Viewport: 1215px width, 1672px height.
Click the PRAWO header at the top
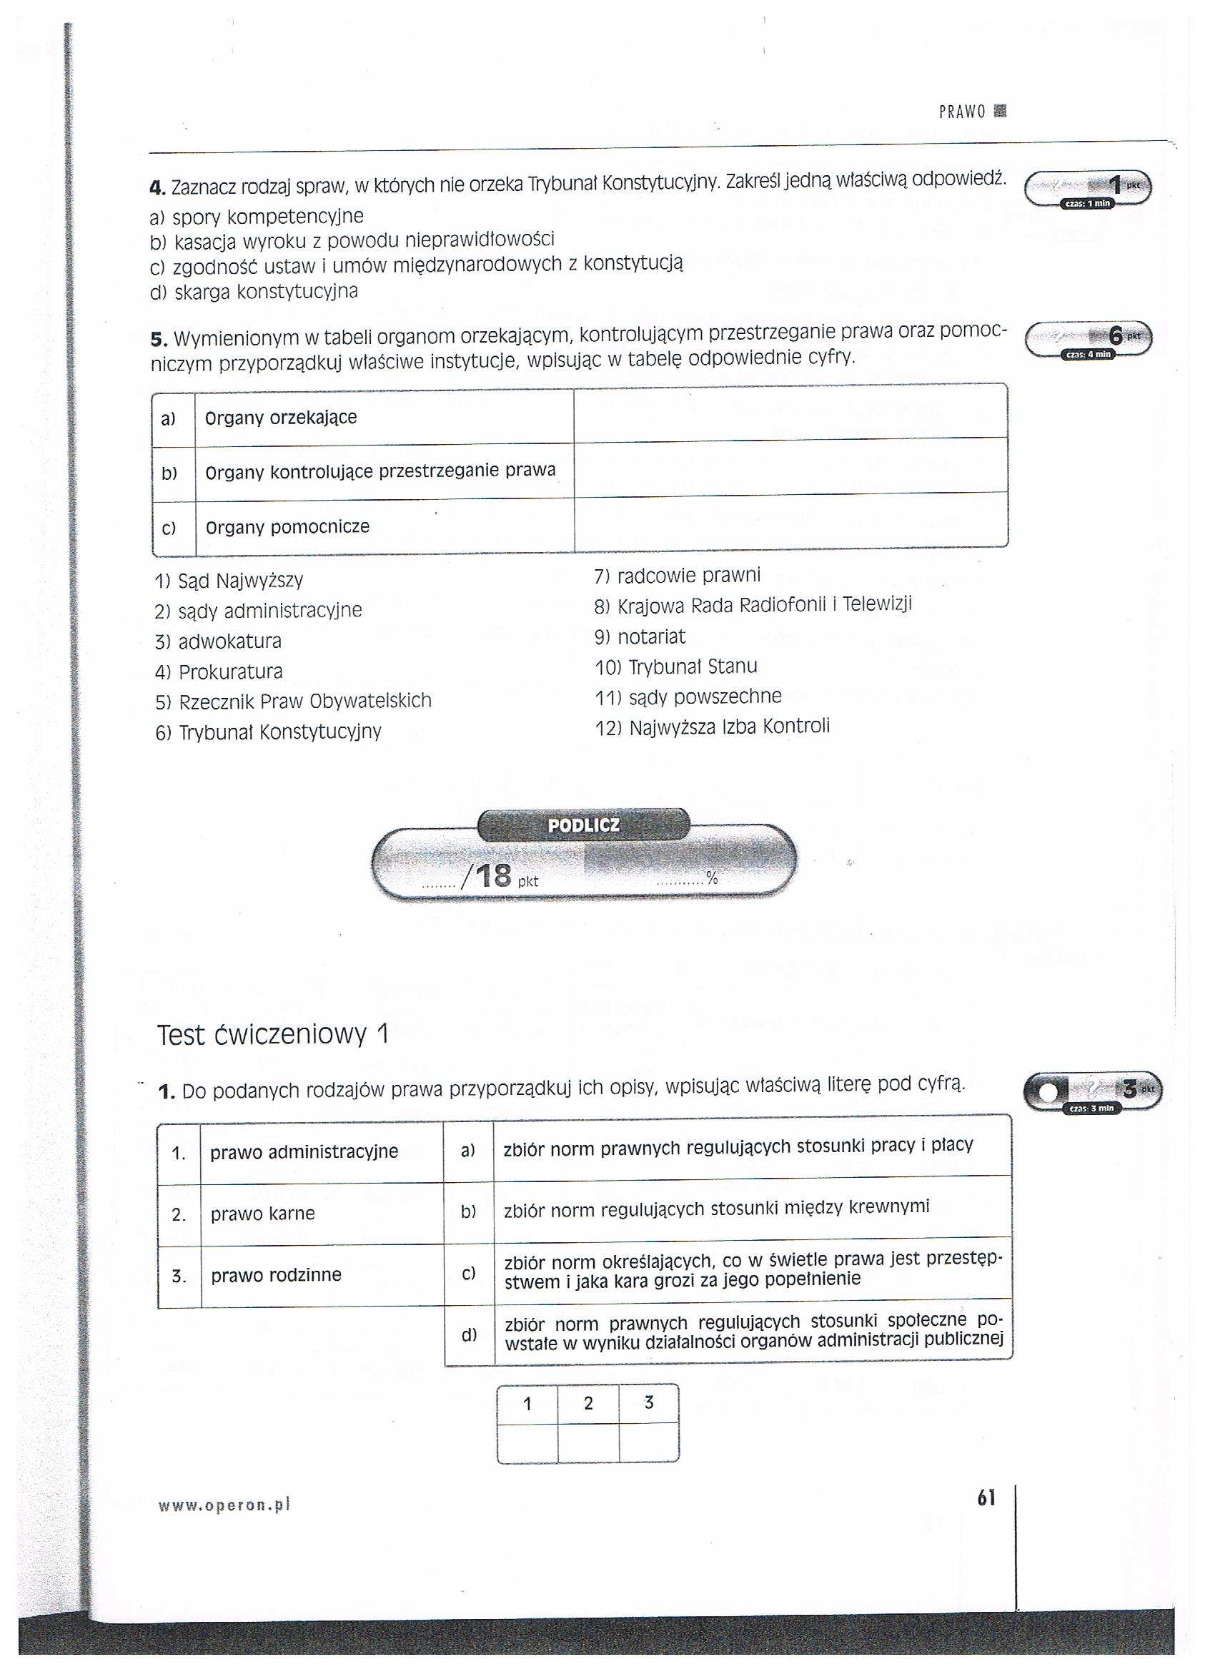coord(961,112)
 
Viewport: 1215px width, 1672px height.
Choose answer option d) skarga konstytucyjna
coord(254,292)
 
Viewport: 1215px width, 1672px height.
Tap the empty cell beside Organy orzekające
coord(790,414)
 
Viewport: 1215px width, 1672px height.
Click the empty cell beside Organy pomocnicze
coord(790,523)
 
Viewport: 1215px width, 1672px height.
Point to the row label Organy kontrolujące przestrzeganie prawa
coord(380,471)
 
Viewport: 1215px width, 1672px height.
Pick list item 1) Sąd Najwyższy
coord(229,581)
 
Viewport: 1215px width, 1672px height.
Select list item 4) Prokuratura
coord(219,672)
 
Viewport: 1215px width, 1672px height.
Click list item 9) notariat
coord(640,636)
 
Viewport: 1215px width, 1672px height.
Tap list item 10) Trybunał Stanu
coord(675,667)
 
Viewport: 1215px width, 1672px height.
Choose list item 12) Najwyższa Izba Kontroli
coord(712,727)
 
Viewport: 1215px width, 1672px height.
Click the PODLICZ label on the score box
coord(583,826)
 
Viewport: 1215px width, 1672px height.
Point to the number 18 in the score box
coord(493,877)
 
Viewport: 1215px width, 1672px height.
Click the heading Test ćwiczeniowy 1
coord(272,1036)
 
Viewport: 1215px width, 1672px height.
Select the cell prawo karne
coord(263,1214)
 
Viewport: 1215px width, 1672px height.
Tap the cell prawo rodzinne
coord(277,1275)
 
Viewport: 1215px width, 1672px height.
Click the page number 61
coord(986,1498)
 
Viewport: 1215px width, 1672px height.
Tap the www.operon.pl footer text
coord(224,1506)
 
